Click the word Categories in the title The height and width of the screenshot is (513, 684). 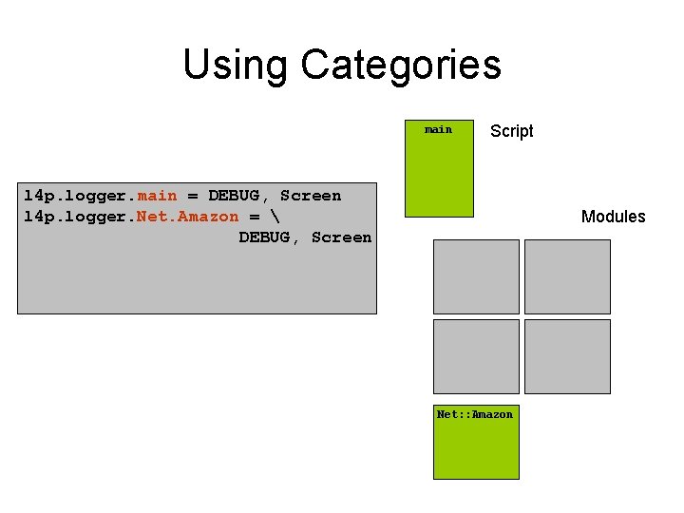tap(400, 66)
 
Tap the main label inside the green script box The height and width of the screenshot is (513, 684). tap(438, 129)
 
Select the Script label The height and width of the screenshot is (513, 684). tap(511, 131)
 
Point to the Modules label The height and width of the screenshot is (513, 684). tap(613, 217)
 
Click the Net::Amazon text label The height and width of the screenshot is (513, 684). tap(474, 414)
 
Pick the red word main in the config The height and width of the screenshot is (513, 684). tap(157, 196)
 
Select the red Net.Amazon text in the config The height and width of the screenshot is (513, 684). tap(188, 217)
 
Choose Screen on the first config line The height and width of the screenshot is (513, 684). tap(311, 196)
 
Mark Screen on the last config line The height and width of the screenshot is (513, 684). tap(341, 237)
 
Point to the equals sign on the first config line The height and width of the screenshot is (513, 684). tap(193, 196)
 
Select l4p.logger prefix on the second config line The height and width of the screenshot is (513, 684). tap(76, 217)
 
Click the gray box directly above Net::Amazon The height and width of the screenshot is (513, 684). tap(476, 356)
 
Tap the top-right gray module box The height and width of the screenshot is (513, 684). tap(567, 276)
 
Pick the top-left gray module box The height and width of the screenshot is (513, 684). tap(476, 276)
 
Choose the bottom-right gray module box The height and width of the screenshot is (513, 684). tap(567, 356)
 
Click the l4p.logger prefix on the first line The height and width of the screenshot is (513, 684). tap(76, 196)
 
